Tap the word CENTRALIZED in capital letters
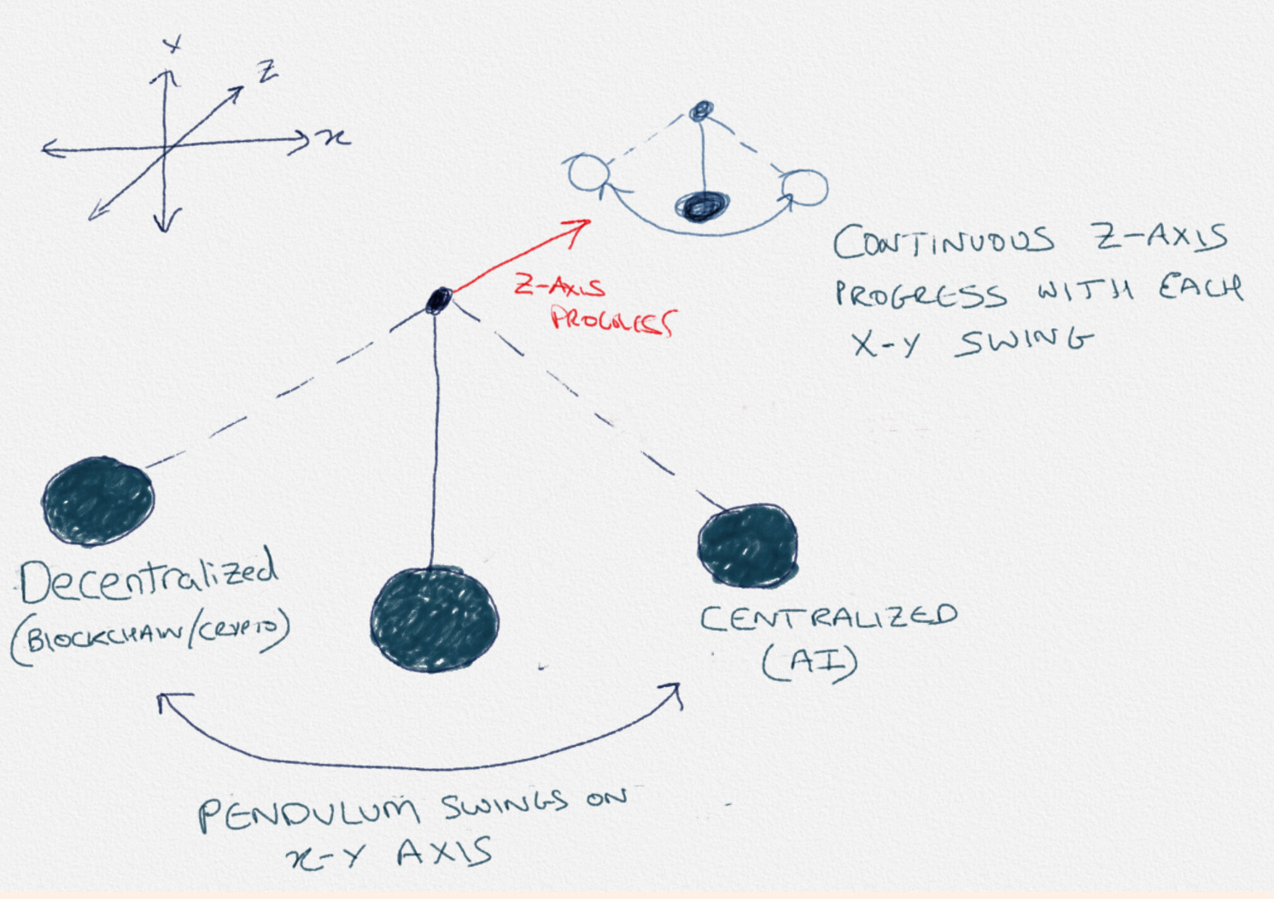click(x=827, y=618)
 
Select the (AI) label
click(x=809, y=663)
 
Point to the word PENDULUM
click(x=308, y=813)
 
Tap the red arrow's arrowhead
click(x=581, y=226)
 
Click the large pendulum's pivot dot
click(x=438, y=300)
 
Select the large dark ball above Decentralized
click(x=98, y=500)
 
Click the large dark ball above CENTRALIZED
click(x=747, y=545)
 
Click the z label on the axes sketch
click(x=268, y=73)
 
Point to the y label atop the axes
click(x=173, y=44)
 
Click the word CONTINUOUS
click(x=943, y=242)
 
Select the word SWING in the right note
click(x=1025, y=342)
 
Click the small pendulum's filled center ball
click(x=702, y=205)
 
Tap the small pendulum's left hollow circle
click(x=587, y=173)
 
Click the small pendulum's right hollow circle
click(x=806, y=186)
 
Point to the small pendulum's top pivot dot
click(x=701, y=109)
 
